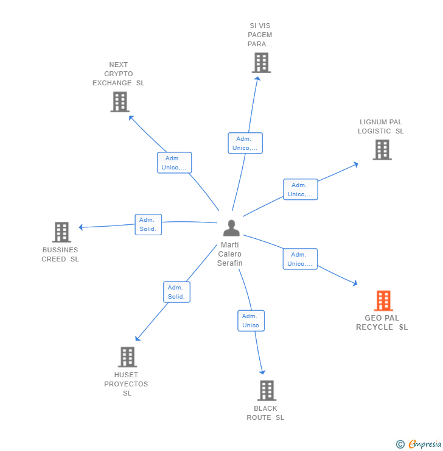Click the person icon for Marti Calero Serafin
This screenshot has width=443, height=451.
231,228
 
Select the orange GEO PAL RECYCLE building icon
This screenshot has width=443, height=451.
383,300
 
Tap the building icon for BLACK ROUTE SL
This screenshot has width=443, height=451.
267,391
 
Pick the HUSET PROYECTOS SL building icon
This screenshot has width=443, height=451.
127,357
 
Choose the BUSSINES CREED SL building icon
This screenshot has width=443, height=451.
61,232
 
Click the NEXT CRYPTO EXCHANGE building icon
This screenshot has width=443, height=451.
120,102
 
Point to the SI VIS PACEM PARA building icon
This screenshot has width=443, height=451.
261,63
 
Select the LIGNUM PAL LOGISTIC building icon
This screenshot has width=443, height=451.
382,150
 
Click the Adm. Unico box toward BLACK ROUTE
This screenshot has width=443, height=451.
251,321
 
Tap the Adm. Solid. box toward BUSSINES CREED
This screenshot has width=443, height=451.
148,224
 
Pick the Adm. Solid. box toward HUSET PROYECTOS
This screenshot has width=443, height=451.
176,292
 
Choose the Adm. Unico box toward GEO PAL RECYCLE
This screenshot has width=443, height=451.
299,259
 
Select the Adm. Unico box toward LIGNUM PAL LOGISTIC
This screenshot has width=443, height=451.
300,190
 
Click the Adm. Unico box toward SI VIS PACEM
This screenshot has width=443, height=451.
245,143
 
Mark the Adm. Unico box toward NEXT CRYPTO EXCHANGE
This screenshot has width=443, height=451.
174,163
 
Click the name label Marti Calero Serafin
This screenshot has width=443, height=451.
230,254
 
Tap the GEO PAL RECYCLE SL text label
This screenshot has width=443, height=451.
382,322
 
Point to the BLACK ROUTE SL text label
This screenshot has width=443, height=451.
265,413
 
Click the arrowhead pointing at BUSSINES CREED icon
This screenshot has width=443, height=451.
82,227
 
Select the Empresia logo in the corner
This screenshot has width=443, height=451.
419,444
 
